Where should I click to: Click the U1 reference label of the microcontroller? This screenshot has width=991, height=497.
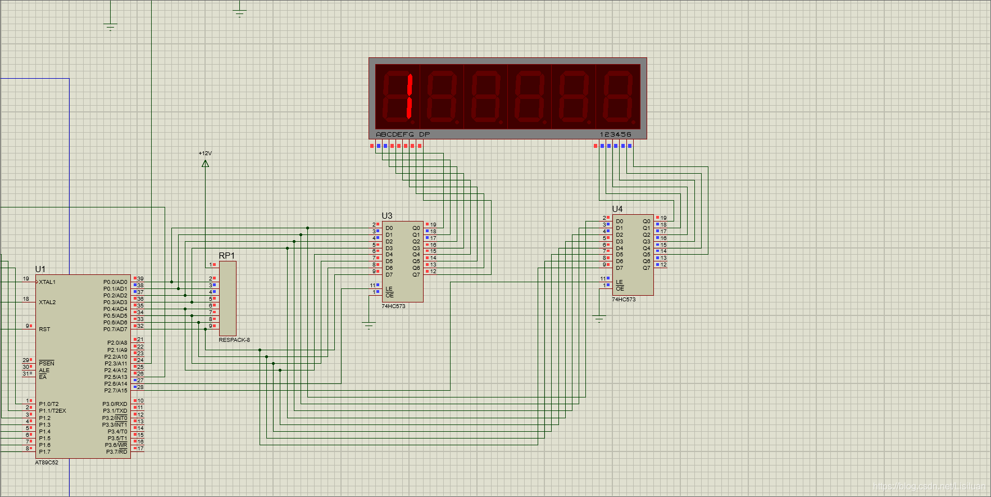[40, 269]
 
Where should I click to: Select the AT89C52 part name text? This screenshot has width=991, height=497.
[47, 463]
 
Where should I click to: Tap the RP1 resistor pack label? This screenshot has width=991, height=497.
[226, 256]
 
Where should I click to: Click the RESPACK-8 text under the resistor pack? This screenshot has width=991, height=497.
[234, 340]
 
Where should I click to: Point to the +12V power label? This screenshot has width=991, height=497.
[205, 153]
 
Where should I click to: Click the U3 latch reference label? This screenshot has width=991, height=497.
[387, 216]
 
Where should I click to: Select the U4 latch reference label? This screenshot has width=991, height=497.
[617, 209]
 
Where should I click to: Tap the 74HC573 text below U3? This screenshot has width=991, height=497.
[393, 306]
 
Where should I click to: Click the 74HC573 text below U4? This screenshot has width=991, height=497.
[624, 300]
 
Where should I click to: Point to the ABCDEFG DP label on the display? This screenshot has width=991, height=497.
[403, 135]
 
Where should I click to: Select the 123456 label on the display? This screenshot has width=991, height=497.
[616, 135]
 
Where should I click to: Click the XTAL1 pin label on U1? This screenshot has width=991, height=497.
[47, 282]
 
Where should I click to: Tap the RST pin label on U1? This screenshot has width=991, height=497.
[44, 329]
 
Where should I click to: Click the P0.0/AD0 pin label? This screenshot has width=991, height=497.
[115, 282]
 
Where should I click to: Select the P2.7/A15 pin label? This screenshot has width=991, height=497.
[116, 391]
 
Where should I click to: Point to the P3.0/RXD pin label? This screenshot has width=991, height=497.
[115, 404]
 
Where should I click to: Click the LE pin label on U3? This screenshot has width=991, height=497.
[389, 289]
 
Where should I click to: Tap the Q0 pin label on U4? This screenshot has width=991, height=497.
[647, 222]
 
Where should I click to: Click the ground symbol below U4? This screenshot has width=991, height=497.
[599, 319]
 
